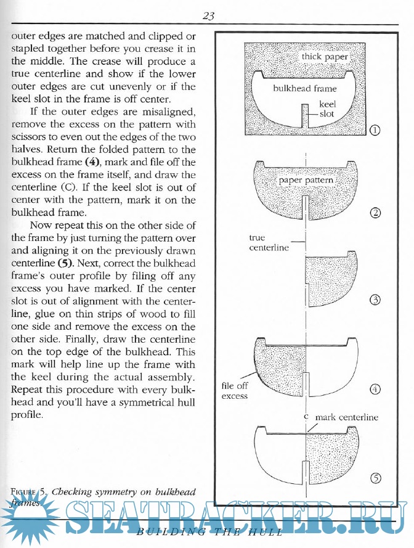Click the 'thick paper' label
pos(325,57)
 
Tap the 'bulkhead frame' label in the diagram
pos(305,88)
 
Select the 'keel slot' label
pos(327,109)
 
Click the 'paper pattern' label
pos(306,181)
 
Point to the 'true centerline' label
pos(269,242)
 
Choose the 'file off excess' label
pos(235,391)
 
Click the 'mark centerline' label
pos(346,417)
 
